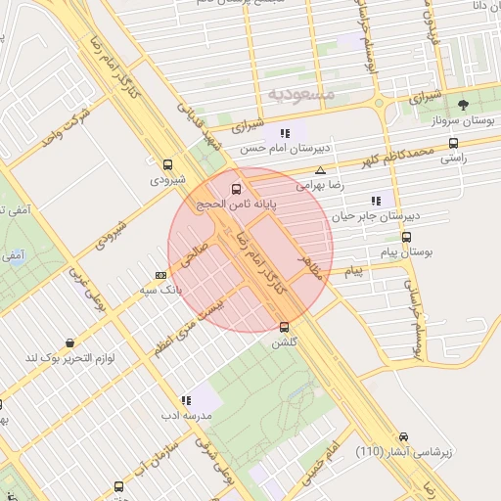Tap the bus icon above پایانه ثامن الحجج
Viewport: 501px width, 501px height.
pyautogui.click(x=235, y=188)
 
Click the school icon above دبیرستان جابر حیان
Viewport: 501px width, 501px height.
pyautogui.click(x=391, y=200)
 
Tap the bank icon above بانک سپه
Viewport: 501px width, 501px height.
pyautogui.click(x=160, y=275)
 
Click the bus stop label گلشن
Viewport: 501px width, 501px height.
pyautogui.click(x=284, y=342)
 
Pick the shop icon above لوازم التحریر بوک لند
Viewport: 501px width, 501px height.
pyautogui.click(x=70, y=342)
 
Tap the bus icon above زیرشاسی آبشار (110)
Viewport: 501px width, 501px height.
pyautogui.click(x=404, y=436)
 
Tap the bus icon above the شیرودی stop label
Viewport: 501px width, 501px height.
pyautogui.click(x=167, y=164)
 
